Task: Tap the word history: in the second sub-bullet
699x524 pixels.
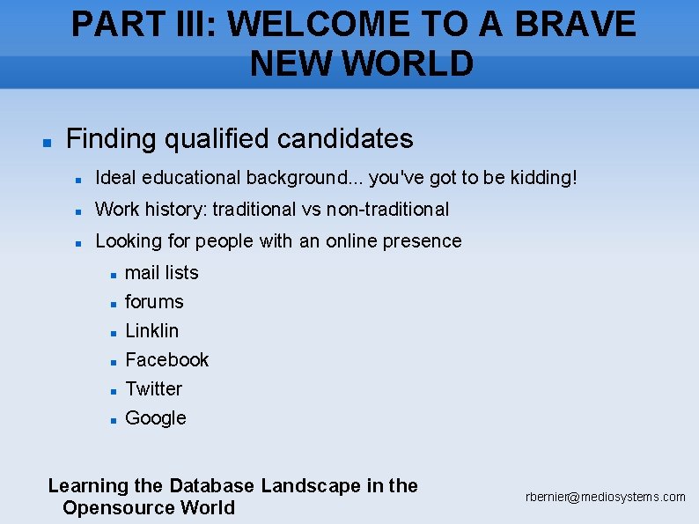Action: tap(173, 210)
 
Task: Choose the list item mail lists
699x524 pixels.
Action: tap(162, 273)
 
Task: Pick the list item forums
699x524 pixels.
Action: tap(154, 302)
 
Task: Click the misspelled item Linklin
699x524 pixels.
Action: tap(151, 331)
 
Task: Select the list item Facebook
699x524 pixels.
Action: tap(167, 360)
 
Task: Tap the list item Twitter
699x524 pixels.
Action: tap(154, 389)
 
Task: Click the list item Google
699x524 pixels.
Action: tap(156, 418)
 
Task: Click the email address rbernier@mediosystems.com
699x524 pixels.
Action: tap(606, 498)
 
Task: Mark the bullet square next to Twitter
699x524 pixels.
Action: tap(114, 391)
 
